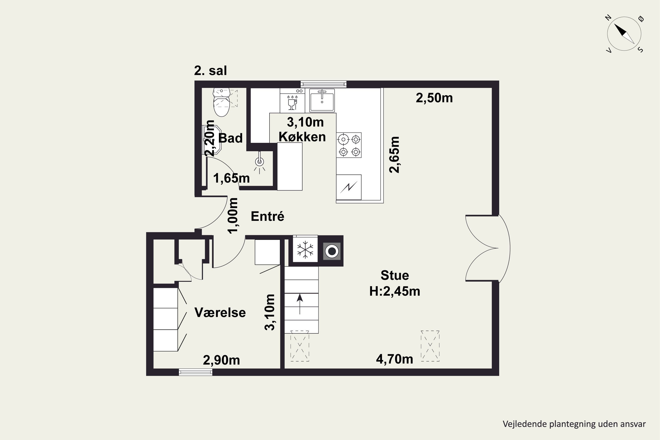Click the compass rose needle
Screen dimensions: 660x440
pyautogui.click(x=624, y=34)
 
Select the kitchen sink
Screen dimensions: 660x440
pyautogui.click(x=322, y=100)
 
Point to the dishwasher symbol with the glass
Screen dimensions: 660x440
pyautogui.click(x=292, y=103)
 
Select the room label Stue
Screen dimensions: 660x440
pyautogui.click(x=394, y=276)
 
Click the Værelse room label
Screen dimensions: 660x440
pyautogui.click(x=220, y=313)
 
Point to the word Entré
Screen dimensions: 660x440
pyautogui.click(x=268, y=216)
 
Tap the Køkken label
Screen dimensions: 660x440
pyautogui.click(x=302, y=137)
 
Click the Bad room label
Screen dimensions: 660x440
pyautogui.click(x=230, y=138)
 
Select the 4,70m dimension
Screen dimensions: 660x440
pyautogui.click(x=394, y=359)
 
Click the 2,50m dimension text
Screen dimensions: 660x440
pyautogui.click(x=434, y=98)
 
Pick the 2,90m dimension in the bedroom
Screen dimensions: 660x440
pyautogui.click(x=221, y=360)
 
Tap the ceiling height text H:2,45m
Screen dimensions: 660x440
pyautogui.click(x=394, y=291)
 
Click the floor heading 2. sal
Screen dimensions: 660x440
pyautogui.click(x=211, y=71)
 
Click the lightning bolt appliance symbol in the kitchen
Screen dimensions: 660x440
pyautogui.click(x=349, y=187)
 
